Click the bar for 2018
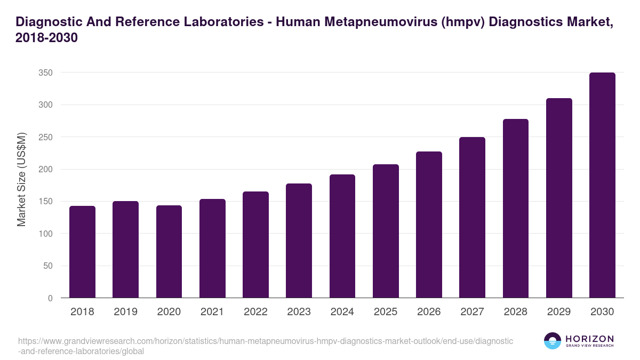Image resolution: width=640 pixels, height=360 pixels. pos(82,252)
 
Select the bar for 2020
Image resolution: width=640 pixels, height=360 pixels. pos(169,252)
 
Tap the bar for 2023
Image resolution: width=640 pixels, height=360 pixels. pos(299,241)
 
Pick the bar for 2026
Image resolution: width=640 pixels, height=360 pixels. pos(429,225)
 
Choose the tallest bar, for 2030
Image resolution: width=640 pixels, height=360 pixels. pos(602,185)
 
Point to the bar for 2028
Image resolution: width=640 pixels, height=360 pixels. pos(516,209)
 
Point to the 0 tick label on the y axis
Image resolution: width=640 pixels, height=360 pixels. pos(50,299)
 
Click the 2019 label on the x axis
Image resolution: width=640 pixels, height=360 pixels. pos(125,312)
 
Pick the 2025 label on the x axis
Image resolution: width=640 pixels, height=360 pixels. pos(386,312)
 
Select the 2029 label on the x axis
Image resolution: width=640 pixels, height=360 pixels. pos(559,312)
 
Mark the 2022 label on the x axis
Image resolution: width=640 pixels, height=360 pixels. pos(255,312)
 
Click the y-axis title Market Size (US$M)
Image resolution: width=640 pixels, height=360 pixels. pos(21,180)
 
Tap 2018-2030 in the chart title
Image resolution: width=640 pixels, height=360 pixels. pos(47,38)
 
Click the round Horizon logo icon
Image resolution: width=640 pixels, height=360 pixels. pos(553,341)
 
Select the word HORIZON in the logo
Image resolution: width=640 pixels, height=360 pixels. pos(589,339)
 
